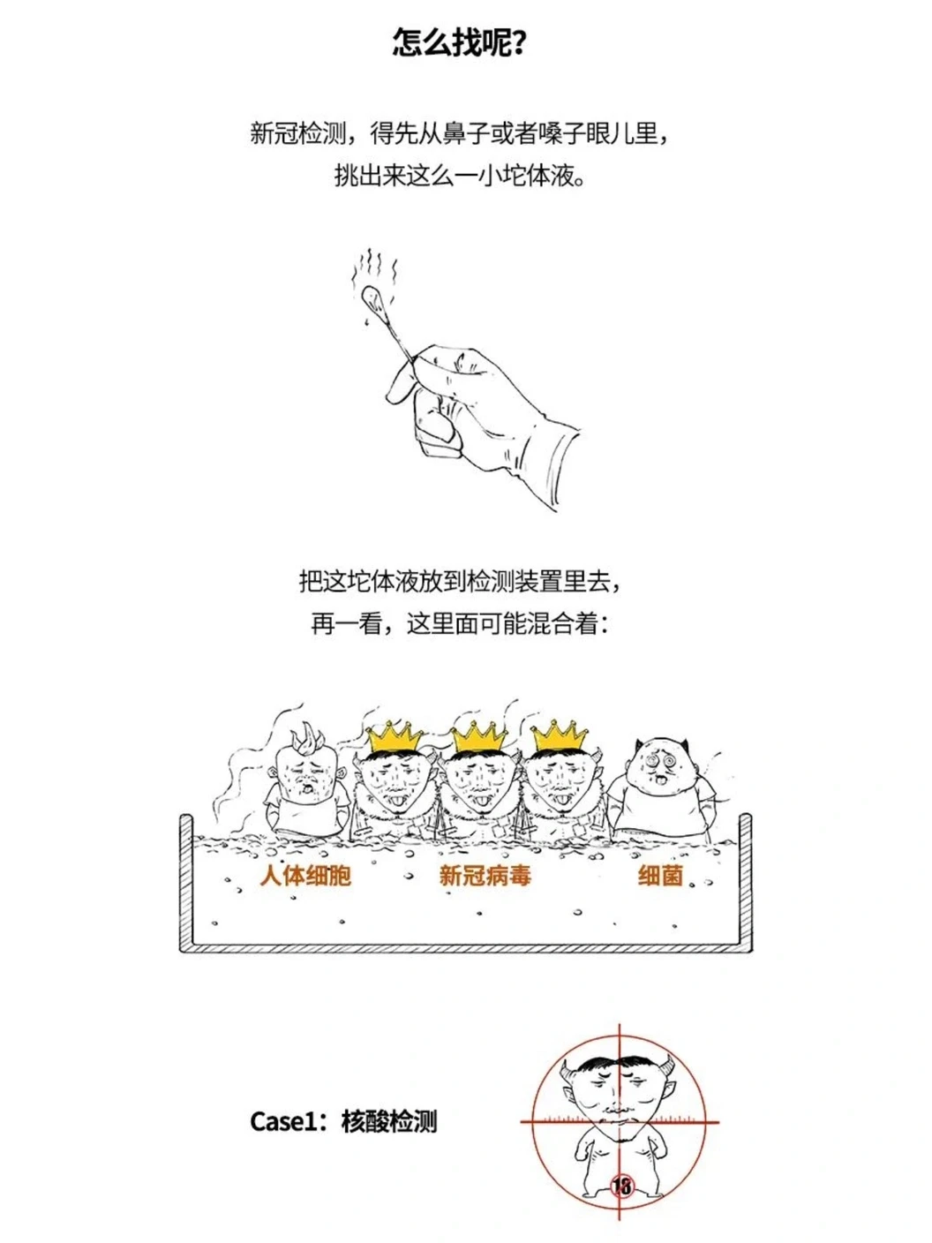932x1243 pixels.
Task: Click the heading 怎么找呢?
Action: click(457, 43)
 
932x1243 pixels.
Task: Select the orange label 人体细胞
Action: click(305, 876)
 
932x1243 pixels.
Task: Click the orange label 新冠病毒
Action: click(485, 876)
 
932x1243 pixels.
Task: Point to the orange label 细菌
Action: click(660, 876)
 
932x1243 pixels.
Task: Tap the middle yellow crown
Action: click(479, 737)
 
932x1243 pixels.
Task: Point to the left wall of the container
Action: click(186, 884)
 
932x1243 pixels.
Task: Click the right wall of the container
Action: click(746, 884)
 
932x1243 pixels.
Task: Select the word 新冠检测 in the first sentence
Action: click(298, 133)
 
